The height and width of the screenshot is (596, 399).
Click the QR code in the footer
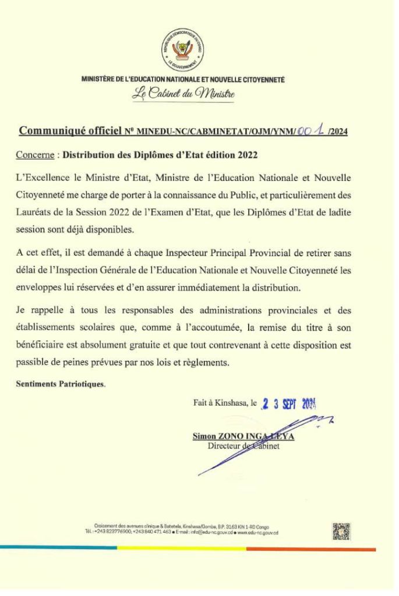pyautogui.click(x=341, y=530)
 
